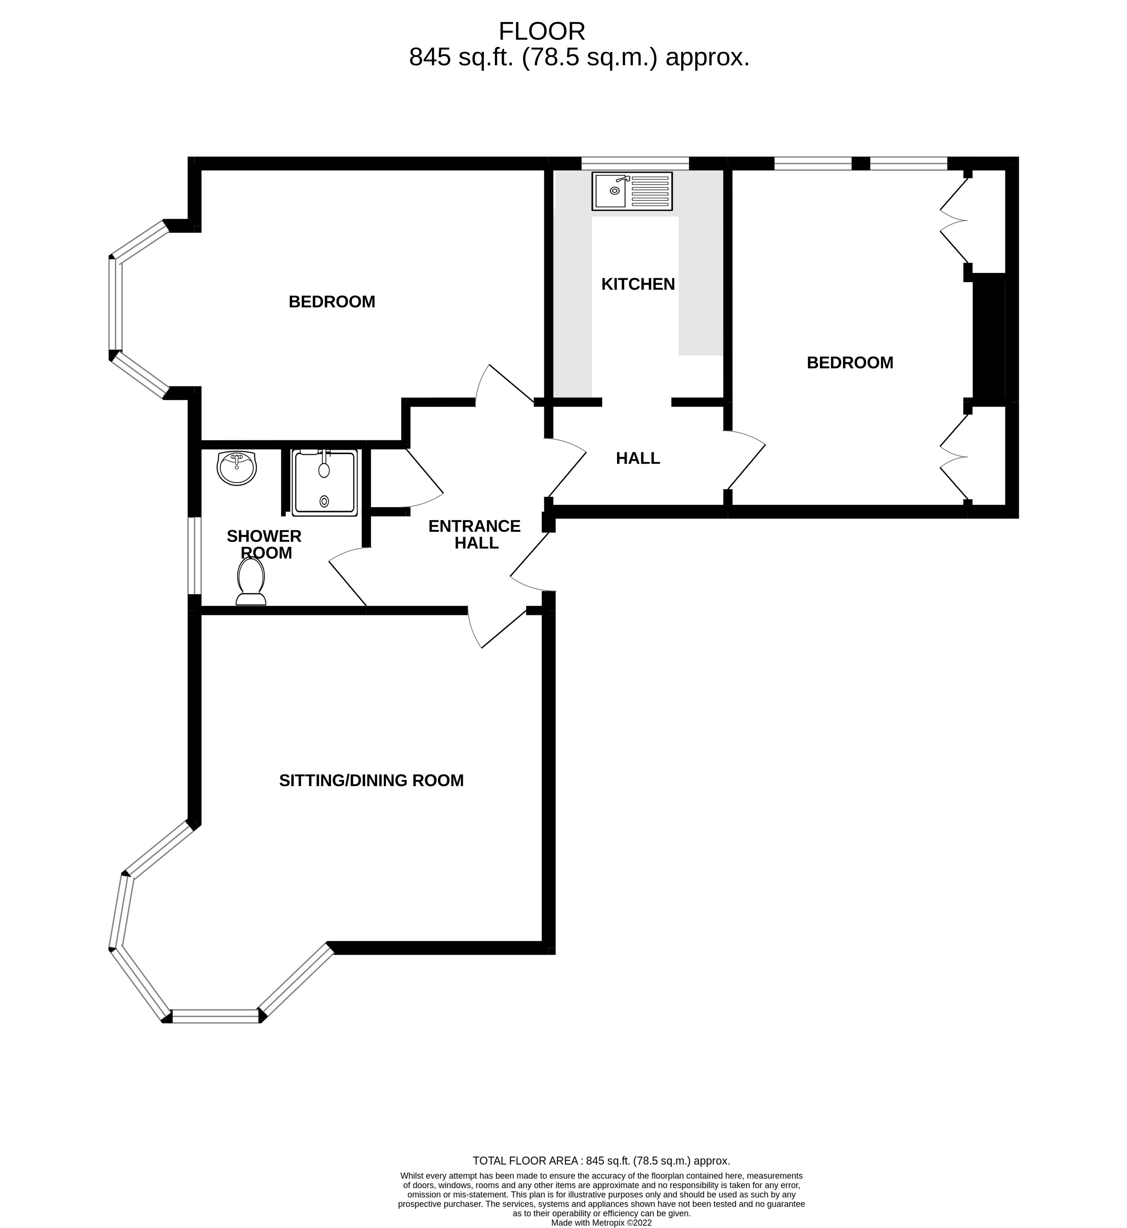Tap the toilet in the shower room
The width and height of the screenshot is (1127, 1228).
pos(251,582)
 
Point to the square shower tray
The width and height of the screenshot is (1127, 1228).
pos(325,483)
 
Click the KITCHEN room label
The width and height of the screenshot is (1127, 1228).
pos(638,284)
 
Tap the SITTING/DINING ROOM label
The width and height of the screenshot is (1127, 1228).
pos(371,781)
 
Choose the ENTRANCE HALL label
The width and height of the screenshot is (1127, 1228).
pos(475,534)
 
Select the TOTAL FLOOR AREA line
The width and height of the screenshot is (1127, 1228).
pos(601,1161)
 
